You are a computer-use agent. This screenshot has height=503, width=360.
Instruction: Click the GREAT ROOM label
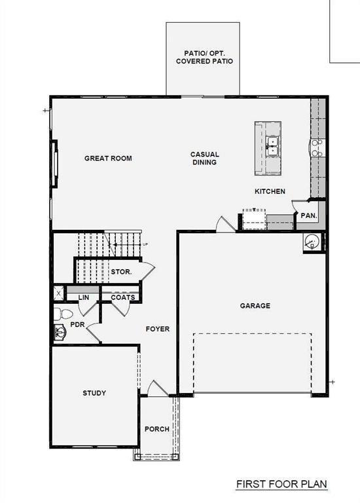[x=108, y=158]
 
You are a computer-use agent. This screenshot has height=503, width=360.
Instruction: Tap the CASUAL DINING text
[x=204, y=158]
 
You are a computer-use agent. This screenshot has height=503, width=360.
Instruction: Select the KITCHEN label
[x=270, y=191]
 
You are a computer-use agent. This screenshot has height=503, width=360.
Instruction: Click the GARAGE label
[x=255, y=306]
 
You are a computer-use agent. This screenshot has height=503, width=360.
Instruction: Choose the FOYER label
[x=157, y=329]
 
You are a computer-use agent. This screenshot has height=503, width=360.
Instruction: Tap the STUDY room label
[x=94, y=393]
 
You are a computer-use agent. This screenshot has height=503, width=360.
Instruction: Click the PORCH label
[x=157, y=430]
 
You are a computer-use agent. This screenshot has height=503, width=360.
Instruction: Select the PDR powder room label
[x=77, y=324]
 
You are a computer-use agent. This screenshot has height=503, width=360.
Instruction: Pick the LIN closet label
[x=83, y=297]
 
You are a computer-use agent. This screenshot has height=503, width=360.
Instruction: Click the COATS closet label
[x=123, y=297]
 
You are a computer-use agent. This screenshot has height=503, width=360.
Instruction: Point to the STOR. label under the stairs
[x=122, y=271]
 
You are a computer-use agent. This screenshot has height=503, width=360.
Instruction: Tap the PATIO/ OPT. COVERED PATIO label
[x=204, y=56]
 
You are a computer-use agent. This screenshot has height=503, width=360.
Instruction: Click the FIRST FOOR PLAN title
[x=281, y=485]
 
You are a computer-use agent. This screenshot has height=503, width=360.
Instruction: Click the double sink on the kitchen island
[x=274, y=145]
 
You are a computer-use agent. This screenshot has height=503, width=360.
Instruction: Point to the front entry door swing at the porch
[x=154, y=388]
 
